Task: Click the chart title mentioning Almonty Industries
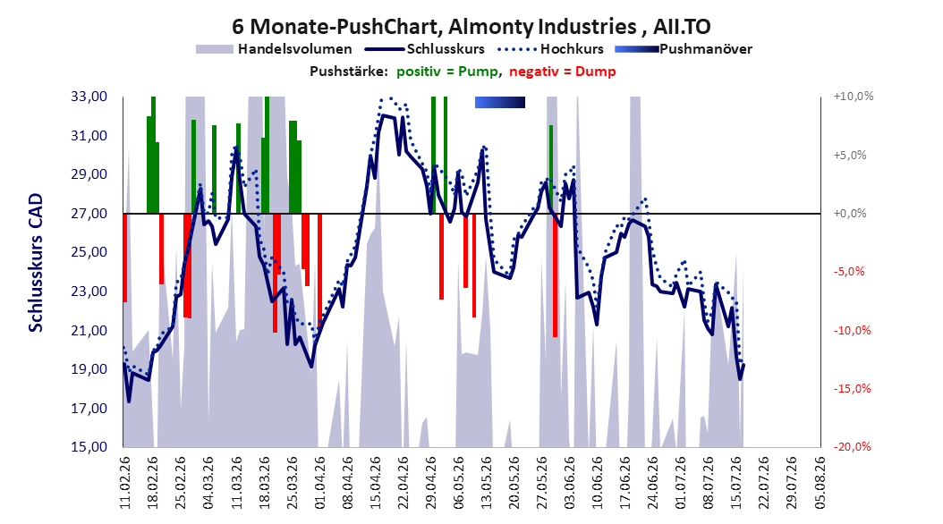coord(471,27)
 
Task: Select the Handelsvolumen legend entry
coord(274,49)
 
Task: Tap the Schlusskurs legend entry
coord(425,49)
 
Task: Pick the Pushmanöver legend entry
coord(684,49)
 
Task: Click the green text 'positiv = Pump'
coord(447,72)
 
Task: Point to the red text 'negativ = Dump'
coord(563,72)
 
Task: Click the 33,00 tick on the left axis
coord(89,97)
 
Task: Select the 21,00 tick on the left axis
coord(89,330)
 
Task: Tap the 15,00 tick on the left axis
coord(89,446)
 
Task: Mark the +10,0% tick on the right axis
coord(854,97)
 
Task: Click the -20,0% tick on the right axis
coord(852,446)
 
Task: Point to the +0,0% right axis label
coord(850,214)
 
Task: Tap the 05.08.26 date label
coord(820,483)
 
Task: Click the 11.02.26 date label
coord(125,483)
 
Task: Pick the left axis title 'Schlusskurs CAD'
coord(36,263)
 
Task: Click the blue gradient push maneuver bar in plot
coord(500,102)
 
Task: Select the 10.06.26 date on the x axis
coord(597,483)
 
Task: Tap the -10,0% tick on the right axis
coord(852,330)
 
